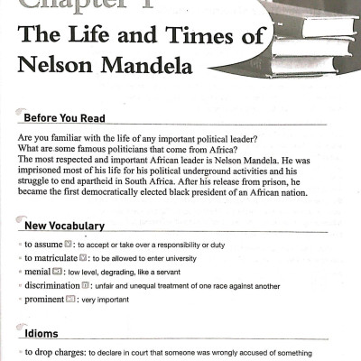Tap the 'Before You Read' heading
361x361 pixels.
pyautogui.click(x=64, y=118)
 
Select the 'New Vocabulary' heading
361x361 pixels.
pyautogui.click(x=64, y=225)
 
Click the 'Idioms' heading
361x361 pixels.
pyautogui.click(x=41, y=333)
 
